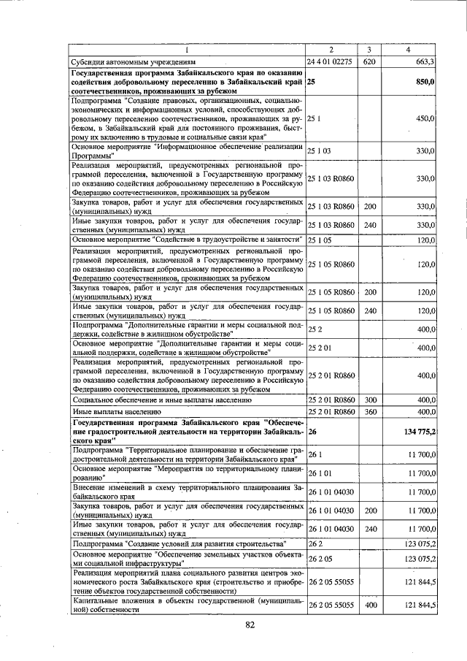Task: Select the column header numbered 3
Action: [370, 50]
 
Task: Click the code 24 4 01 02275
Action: [330, 62]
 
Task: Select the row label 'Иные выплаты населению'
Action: [110, 412]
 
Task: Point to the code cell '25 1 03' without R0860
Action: [320, 150]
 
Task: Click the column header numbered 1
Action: [187, 50]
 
